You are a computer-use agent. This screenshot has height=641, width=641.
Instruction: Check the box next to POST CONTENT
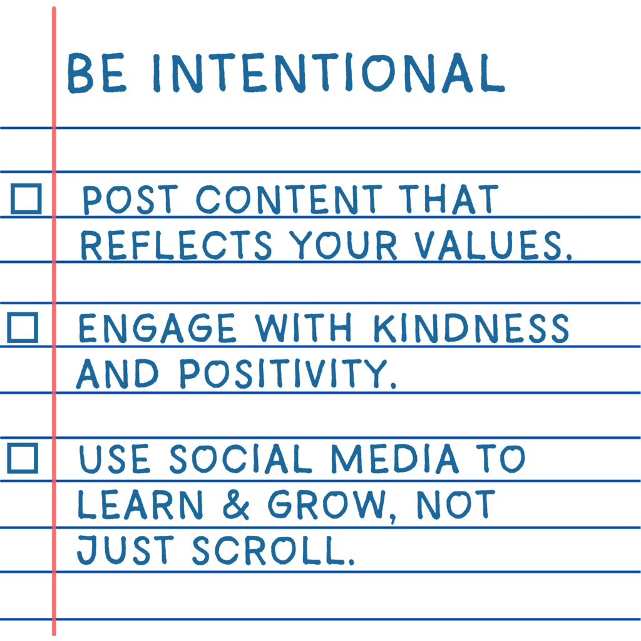(x=26, y=199)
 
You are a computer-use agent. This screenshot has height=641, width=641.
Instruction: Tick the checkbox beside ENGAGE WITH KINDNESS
(x=23, y=328)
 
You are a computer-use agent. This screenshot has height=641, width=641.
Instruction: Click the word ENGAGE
(x=157, y=329)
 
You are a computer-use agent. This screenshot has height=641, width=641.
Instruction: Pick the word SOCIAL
(x=240, y=459)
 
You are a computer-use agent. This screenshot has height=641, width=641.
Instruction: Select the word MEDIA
(x=394, y=459)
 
